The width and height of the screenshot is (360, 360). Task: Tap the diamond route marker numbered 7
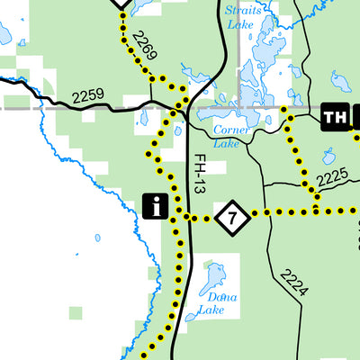(x=232, y=216)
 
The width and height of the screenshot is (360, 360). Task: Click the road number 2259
(x=88, y=94)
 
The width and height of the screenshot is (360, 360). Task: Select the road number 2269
(x=144, y=47)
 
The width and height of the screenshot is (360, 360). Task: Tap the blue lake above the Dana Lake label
(x=214, y=278)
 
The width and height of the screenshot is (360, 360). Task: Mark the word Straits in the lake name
(x=241, y=11)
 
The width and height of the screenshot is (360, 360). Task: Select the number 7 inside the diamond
(x=232, y=216)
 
